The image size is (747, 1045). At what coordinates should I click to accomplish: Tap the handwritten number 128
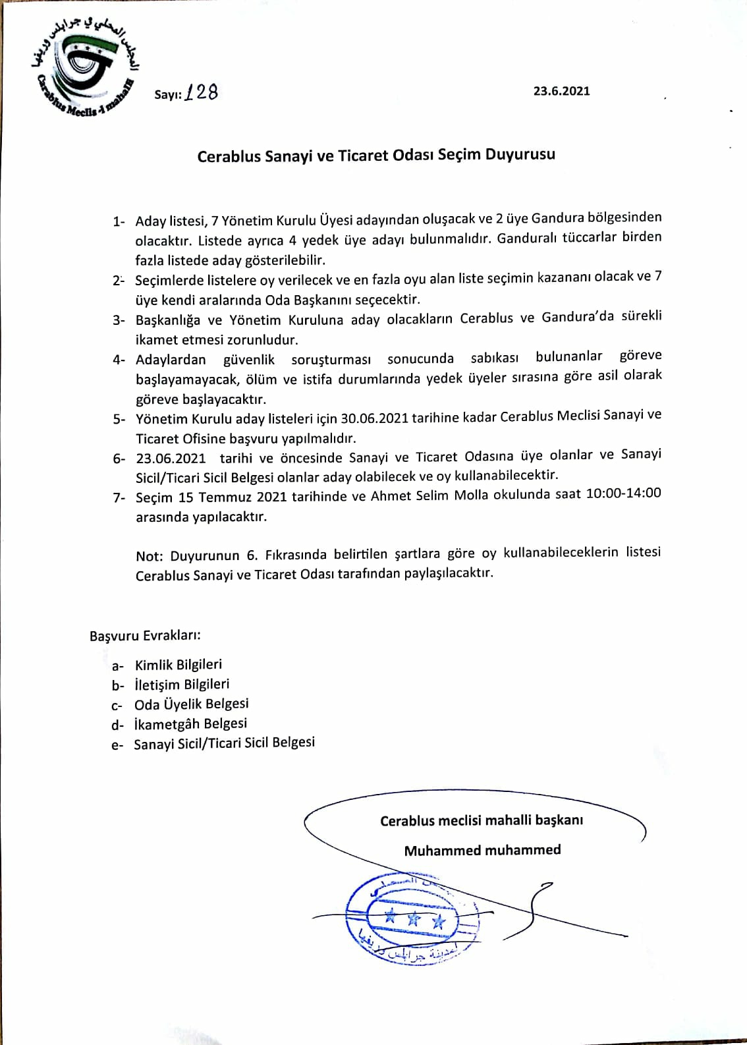coord(202,93)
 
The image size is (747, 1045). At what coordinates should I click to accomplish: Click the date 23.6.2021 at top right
coord(561,91)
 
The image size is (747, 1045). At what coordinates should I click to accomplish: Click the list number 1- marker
coord(119,222)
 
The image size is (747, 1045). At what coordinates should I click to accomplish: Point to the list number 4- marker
coord(119,360)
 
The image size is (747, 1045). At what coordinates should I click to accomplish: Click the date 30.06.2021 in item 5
coord(373,418)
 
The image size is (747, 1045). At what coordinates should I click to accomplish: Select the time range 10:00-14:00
coord(623,494)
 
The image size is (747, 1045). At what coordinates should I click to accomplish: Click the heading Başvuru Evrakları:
coord(145,636)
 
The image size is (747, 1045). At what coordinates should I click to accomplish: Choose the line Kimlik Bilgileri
coord(179,665)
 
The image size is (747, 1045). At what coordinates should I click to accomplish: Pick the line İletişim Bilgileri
coord(182,685)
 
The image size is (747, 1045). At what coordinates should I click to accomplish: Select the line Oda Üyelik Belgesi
coord(191,704)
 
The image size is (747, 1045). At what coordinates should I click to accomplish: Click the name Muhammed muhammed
coord(482,850)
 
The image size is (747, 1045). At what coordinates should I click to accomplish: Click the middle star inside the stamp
coord(413,917)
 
